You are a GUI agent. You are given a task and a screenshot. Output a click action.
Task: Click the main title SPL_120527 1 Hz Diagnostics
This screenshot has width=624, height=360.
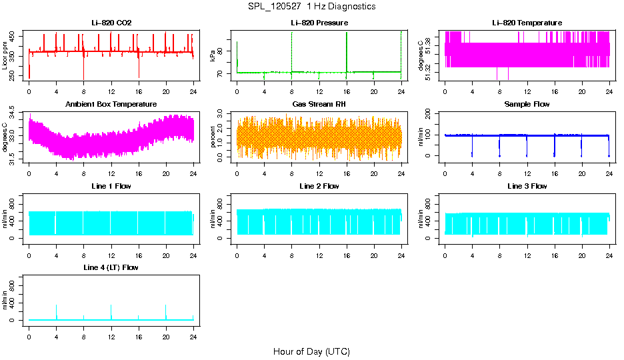(311, 6)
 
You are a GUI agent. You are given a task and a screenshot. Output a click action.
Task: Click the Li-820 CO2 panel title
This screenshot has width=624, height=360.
(111, 23)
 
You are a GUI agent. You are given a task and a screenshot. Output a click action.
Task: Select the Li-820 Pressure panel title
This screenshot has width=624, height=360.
(319, 23)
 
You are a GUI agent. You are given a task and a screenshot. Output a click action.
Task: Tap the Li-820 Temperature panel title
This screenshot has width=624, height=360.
(527, 23)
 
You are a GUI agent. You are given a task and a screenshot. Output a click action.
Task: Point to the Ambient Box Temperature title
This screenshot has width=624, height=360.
(111, 104)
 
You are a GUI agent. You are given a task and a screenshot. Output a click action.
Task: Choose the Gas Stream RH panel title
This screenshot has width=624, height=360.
(319, 104)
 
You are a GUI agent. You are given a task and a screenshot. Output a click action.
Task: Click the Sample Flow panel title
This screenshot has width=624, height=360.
(527, 104)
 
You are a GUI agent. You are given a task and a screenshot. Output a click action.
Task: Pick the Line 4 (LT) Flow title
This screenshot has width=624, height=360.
(111, 267)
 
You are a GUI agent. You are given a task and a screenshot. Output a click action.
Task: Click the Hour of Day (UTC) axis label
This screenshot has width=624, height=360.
(311, 351)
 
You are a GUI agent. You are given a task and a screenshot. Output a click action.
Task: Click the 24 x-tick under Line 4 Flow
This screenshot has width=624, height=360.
(193, 338)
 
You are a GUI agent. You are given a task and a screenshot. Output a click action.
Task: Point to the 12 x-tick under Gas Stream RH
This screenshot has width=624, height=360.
(319, 175)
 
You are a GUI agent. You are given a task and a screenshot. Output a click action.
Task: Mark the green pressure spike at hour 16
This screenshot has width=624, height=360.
(347, 47)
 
